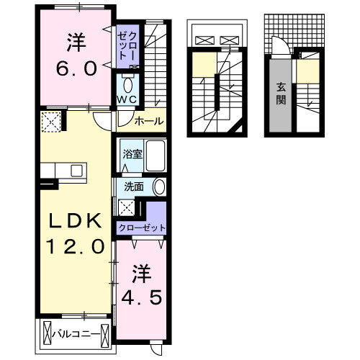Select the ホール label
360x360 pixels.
click(148, 121)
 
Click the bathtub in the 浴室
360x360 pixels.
click(155, 156)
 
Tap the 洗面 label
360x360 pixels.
click(133, 186)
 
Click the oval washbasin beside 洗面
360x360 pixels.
click(159, 186)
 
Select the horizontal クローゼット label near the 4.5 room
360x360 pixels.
click(142, 228)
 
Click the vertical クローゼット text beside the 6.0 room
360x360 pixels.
click(127, 45)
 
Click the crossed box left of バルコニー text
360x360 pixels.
click(48, 334)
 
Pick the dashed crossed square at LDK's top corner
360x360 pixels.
click(52, 124)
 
